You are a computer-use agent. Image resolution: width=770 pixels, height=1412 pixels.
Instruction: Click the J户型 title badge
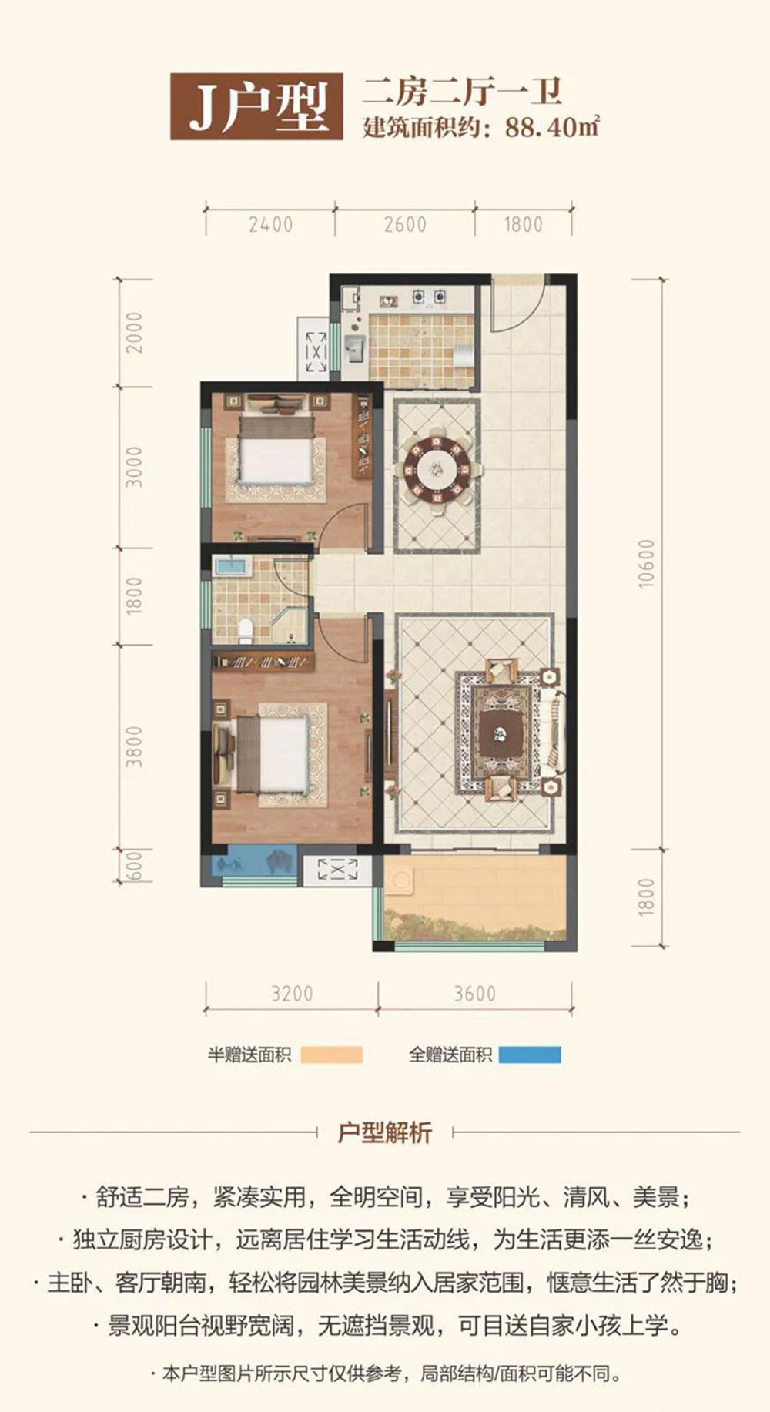coord(256,107)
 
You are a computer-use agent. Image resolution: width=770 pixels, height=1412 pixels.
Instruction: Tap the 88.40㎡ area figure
coord(552,126)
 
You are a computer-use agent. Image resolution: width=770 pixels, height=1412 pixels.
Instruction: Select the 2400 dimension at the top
coord(271,224)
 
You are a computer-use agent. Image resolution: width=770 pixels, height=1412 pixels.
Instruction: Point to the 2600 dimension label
coord(405,224)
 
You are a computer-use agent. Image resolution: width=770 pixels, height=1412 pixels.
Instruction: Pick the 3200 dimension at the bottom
coord(292,994)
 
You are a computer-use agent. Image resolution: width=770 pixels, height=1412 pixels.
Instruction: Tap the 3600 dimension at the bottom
coord(474,994)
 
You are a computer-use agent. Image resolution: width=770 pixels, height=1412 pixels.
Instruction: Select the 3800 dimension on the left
coord(135,746)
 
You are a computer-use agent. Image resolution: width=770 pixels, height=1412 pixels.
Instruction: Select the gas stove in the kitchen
coord(429,296)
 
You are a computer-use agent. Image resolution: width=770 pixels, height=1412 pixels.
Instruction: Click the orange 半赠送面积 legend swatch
coord(331,1055)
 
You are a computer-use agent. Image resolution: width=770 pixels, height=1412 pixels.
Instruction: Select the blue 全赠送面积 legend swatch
coord(530,1055)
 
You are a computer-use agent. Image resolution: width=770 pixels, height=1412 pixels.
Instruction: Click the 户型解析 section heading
coord(385,1132)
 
